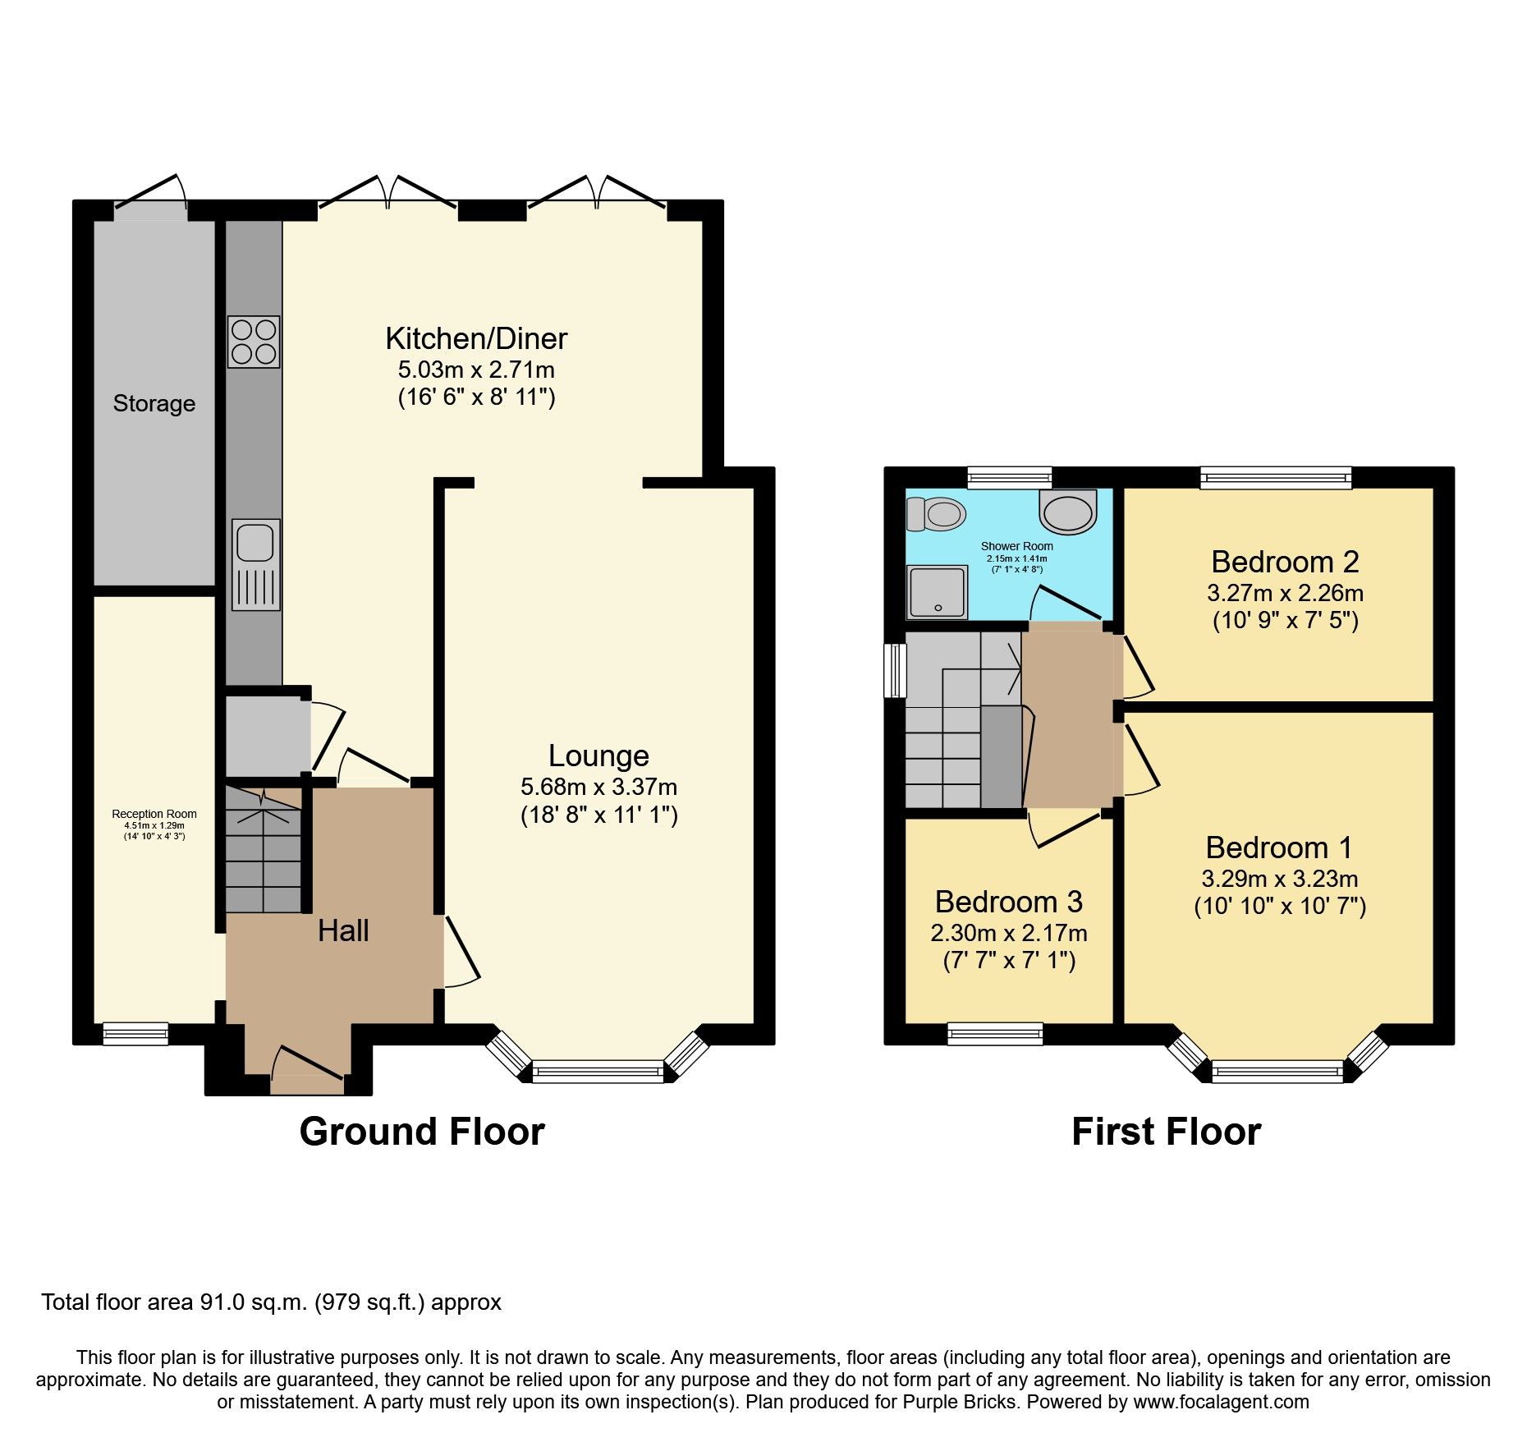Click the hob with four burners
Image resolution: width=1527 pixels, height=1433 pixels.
[x=254, y=342]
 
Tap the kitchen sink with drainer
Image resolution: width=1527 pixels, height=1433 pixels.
[x=255, y=564]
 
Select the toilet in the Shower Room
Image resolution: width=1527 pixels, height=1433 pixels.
[x=937, y=515]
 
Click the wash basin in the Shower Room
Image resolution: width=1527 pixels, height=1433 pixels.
[x=1067, y=512]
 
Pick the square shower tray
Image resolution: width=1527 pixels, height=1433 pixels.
[x=937, y=592]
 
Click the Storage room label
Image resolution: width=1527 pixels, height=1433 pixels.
[x=154, y=404]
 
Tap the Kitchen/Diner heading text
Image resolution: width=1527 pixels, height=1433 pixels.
[x=476, y=338]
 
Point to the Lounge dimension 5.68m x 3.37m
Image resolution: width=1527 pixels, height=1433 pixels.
[x=598, y=787]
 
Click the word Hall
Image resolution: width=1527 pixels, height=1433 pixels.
[x=343, y=930]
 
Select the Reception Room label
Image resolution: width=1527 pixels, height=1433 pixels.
[x=154, y=814]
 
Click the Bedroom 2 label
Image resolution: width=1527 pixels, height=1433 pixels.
[x=1285, y=562]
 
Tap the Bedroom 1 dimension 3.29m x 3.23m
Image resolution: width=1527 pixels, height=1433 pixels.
[x=1279, y=879]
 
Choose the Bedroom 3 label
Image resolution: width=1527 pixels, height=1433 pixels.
[x=1008, y=902]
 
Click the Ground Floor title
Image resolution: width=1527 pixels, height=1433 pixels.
[x=422, y=1132]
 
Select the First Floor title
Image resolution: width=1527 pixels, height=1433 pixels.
[x=1166, y=1132]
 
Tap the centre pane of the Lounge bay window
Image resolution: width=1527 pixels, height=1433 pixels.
[x=598, y=1072]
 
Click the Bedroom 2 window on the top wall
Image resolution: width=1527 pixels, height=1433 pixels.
[x=1275, y=477]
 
